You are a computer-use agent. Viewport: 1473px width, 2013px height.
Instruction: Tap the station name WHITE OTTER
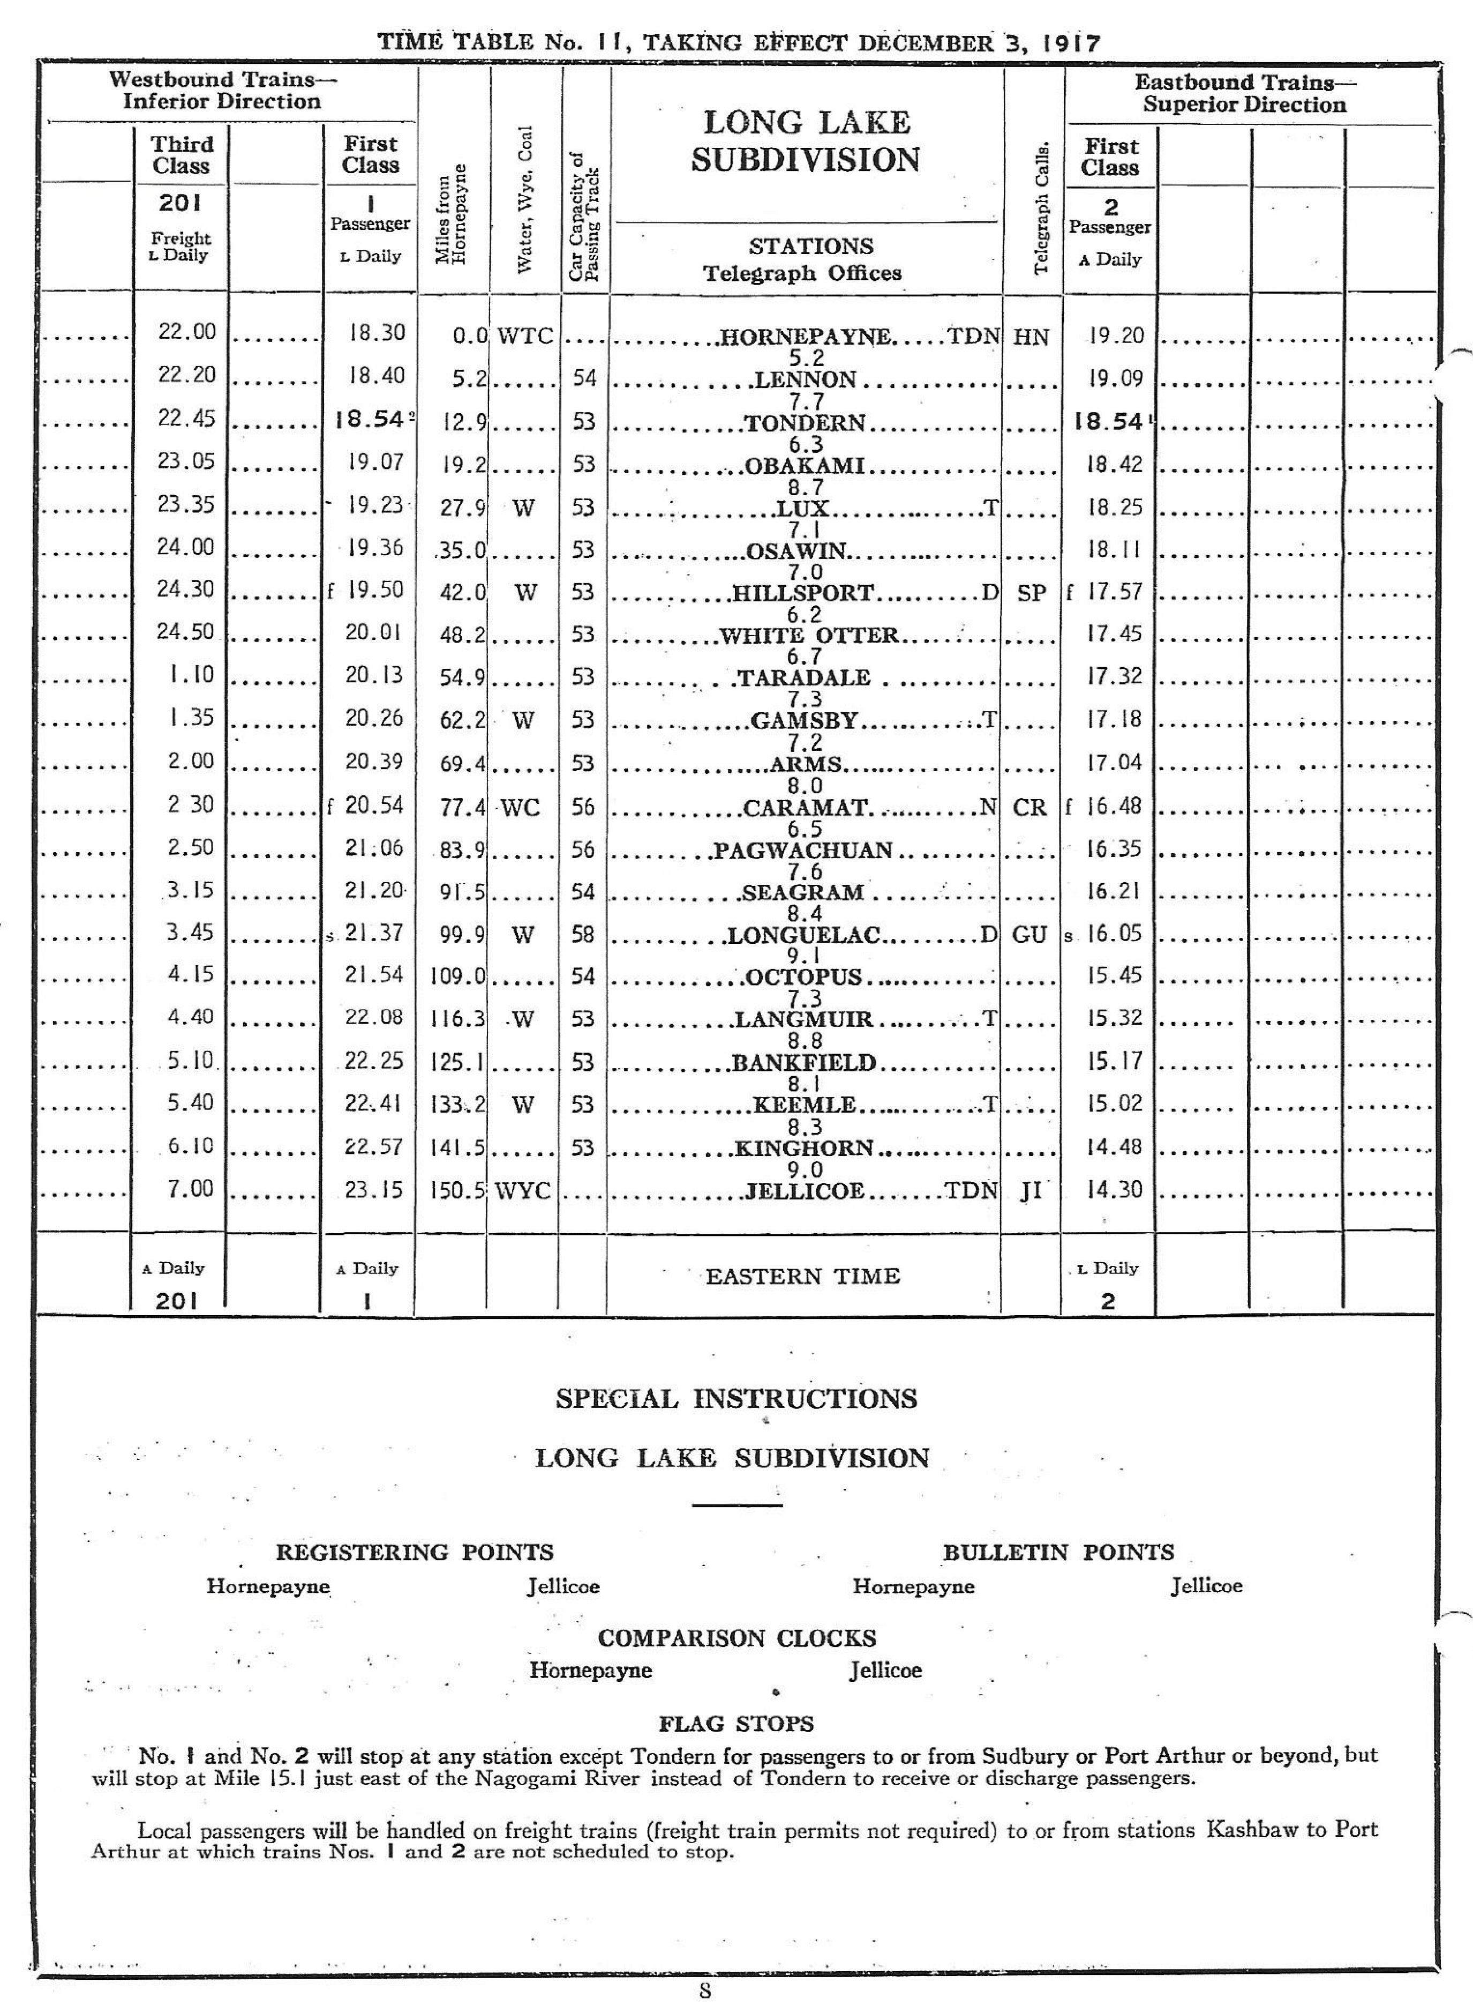pyautogui.click(x=809, y=635)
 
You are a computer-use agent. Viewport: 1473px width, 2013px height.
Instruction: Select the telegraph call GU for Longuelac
pyautogui.click(x=1030, y=934)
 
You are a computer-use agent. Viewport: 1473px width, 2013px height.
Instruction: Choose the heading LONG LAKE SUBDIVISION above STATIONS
pyautogui.click(x=806, y=141)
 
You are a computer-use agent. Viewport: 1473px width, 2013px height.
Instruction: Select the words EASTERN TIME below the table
pyautogui.click(x=802, y=1276)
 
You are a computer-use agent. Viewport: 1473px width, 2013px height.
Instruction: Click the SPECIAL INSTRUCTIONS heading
pyautogui.click(x=735, y=1398)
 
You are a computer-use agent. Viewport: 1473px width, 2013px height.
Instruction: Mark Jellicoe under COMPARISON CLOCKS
pyautogui.click(x=884, y=1671)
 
